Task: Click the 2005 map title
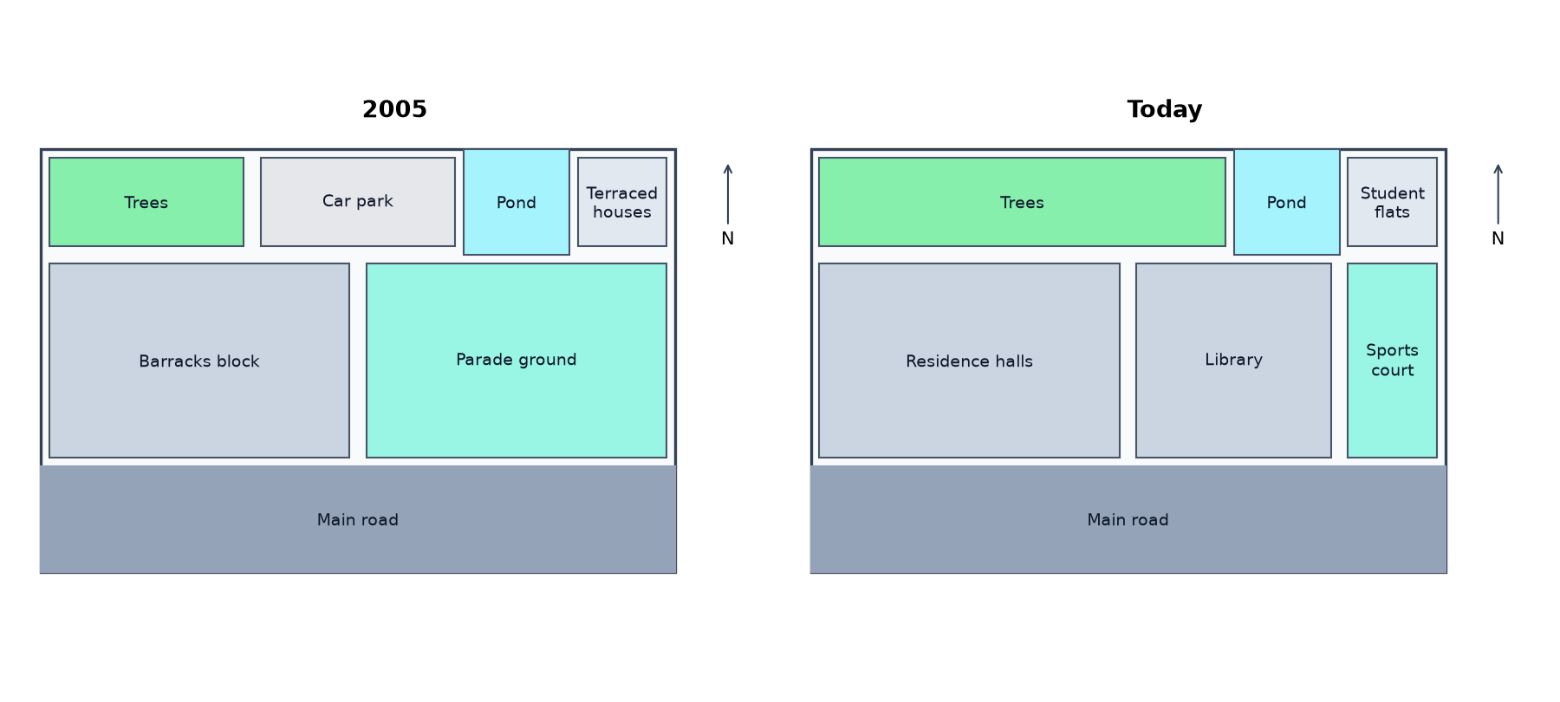[394, 109]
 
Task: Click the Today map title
[1164, 109]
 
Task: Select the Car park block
[358, 202]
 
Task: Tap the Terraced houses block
[622, 202]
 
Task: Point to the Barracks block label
[199, 361]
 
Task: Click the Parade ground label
[517, 360]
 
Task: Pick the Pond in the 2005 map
[517, 202]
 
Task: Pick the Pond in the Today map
[1287, 202]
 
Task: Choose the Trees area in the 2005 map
[146, 202]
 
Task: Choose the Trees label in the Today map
[1022, 203]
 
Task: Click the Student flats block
[1392, 202]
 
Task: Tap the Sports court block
[1392, 361]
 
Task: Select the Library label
[1233, 360]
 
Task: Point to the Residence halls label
[969, 361]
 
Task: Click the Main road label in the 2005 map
[358, 520]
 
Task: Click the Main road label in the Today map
[1128, 520]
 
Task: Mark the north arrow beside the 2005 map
[728, 194]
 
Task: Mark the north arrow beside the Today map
[1498, 194]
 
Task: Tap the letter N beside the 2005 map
[728, 238]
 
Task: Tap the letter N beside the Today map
[1498, 238]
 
